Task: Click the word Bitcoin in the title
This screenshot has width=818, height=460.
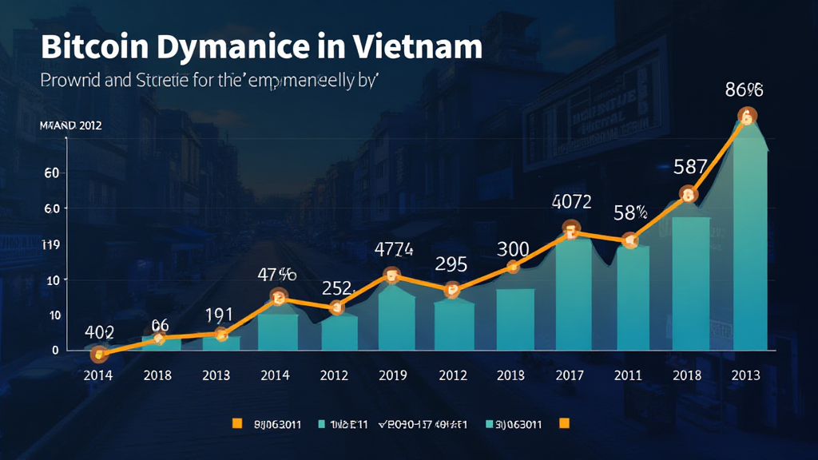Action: coord(89,47)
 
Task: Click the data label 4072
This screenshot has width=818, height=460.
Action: coord(571,202)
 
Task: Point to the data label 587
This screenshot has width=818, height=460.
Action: coord(690,167)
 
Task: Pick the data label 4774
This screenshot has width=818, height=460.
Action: coord(393,249)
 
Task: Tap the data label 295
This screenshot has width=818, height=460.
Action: coord(451,264)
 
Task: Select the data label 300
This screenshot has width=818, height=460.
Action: coord(512,249)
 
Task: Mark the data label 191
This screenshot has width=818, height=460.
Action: coord(218,313)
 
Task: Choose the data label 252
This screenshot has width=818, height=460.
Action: coord(336,287)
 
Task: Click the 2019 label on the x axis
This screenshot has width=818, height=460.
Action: coord(393,375)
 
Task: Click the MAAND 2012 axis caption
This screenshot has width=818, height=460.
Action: coord(70,126)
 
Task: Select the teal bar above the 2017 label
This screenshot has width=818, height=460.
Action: coord(571,295)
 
